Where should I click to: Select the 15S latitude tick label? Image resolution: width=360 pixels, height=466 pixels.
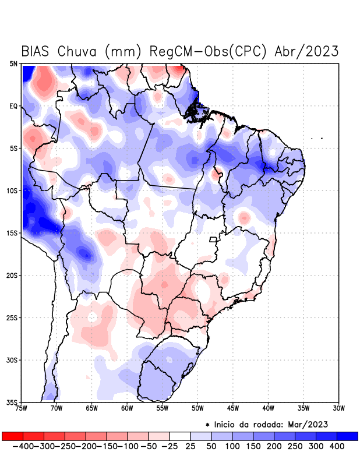point(13,233)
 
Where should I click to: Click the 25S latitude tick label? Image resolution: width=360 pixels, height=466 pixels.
point(13,317)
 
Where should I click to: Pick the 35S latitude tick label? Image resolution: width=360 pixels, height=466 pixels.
point(13,402)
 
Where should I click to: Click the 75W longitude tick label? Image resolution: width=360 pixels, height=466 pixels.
point(22,408)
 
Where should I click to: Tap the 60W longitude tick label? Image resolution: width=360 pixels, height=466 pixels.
point(128,408)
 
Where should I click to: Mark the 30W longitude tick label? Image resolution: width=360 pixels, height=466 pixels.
point(338,408)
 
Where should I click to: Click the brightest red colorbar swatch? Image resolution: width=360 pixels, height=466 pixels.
point(12,436)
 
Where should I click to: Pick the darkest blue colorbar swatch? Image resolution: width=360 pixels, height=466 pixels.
point(347,436)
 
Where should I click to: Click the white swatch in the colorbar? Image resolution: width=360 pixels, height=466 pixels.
point(179,436)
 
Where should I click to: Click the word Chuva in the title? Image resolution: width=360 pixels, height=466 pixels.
point(78,51)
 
